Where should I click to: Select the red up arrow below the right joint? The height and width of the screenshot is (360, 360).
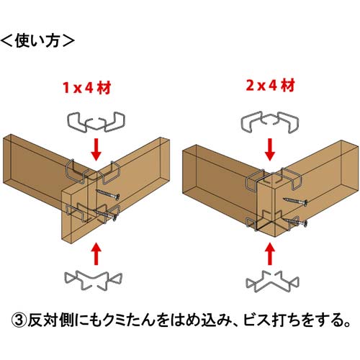269,253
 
